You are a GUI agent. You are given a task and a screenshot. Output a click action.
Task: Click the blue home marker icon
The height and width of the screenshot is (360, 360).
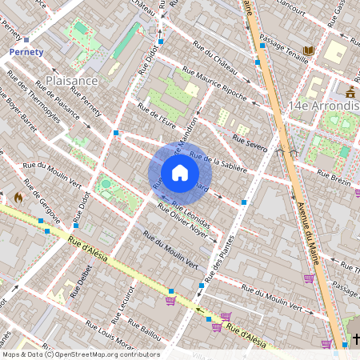point(180,173)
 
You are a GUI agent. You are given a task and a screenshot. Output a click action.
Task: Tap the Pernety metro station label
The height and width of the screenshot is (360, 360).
point(26,51)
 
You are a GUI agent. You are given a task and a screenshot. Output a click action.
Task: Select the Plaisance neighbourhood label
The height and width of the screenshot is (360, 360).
point(72,81)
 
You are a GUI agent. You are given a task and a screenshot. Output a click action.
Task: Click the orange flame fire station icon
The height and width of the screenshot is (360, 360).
point(18,197)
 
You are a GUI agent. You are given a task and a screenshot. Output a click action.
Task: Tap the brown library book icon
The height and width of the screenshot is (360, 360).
point(310,50)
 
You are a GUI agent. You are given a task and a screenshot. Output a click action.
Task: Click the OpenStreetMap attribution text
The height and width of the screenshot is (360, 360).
point(80,354)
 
